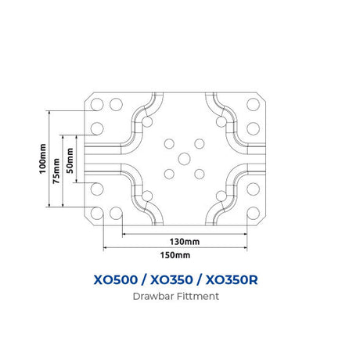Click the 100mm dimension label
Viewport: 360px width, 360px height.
42,159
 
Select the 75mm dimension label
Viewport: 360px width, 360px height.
56,171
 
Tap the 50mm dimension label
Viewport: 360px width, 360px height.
70,160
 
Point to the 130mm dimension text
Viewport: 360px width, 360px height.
185,242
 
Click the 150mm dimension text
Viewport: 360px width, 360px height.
175,255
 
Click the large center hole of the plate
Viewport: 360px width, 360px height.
184,159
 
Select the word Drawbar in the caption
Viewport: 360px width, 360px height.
153,297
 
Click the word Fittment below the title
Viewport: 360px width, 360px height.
198,297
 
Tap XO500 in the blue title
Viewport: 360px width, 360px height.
116,280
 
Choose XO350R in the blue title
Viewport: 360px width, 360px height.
232,280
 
